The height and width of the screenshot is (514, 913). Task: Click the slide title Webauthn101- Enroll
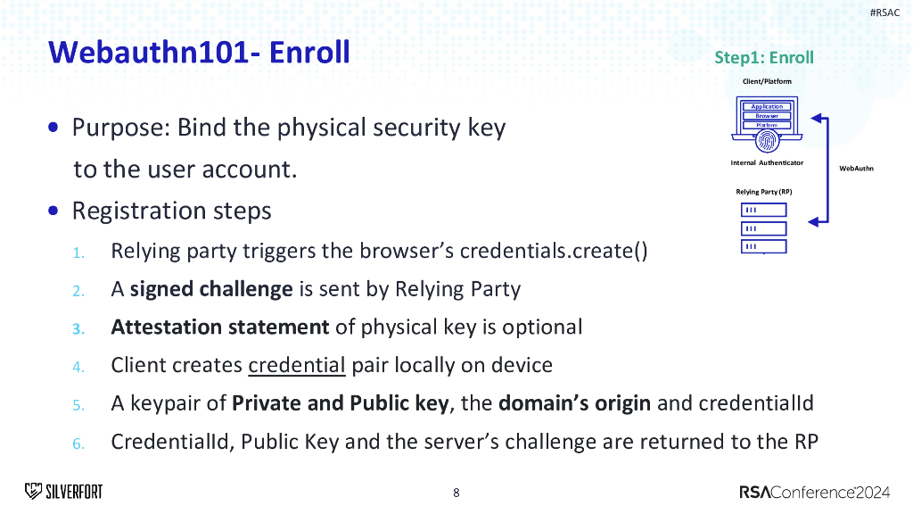coord(200,52)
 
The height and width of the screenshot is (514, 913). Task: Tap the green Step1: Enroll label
coord(764,58)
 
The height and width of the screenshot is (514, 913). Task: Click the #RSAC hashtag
coord(884,12)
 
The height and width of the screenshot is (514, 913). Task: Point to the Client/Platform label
coord(767,81)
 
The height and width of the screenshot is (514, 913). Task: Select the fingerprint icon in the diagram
coord(766,139)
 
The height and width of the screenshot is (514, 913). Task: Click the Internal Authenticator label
coord(767,162)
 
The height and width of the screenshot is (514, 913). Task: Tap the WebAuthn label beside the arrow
coord(856,168)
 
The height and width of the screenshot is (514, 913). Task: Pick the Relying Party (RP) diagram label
coord(764,192)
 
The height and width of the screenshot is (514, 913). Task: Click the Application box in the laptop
coord(766,106)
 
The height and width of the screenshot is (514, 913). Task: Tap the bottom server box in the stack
coord(764,246)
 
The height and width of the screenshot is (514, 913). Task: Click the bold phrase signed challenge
coord(211,289)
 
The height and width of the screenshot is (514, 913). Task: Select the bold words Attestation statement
coord(220,327)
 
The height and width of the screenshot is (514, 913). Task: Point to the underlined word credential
coord(296,365)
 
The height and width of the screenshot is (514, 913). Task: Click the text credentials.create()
coord(554,250)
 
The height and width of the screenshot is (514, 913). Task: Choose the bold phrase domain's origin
coord(574,403)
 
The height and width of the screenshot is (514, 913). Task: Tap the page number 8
coord(456,492)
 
